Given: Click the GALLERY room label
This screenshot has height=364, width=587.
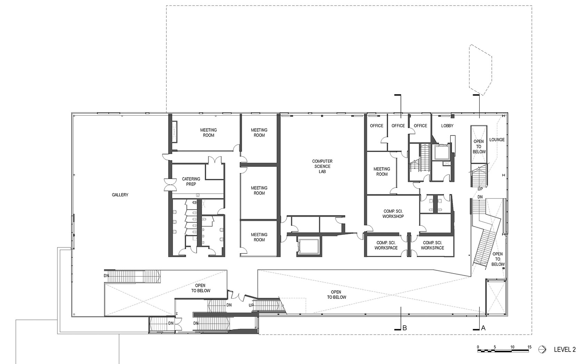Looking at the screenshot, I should tap(120, 195).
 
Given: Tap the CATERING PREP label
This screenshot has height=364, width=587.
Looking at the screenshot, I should tap(191, 181).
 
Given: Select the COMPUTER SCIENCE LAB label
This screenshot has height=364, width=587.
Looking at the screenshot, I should tap(322, 166).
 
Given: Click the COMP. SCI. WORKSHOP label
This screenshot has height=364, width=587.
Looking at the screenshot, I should tap(393, 214).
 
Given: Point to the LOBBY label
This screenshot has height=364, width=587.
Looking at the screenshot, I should tap(447, 126).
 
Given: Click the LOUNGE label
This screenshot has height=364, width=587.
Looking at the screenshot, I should tap(497, 140).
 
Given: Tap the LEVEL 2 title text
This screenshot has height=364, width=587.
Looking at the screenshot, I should tap(565, 350).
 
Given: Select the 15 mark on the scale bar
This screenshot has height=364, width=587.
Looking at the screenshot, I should tap(529, 347).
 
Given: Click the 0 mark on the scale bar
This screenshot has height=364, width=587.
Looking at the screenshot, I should tap(478, 347).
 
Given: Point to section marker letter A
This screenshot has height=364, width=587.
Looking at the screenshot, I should tap(483, 328).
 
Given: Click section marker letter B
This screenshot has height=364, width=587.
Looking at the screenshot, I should tap(404, 328).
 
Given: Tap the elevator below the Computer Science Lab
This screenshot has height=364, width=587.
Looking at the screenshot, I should tap(309, 246).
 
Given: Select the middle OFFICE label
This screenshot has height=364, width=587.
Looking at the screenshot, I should tap(398, 126).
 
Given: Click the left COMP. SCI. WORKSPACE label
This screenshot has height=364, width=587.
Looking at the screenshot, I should tap(386, 245).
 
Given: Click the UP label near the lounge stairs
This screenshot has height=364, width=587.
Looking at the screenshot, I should tap(480, 189).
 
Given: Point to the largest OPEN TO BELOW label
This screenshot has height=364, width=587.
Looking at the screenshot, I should tap(336, 295).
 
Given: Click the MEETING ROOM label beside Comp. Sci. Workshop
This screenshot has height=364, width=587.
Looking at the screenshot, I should tap(382, 171).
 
